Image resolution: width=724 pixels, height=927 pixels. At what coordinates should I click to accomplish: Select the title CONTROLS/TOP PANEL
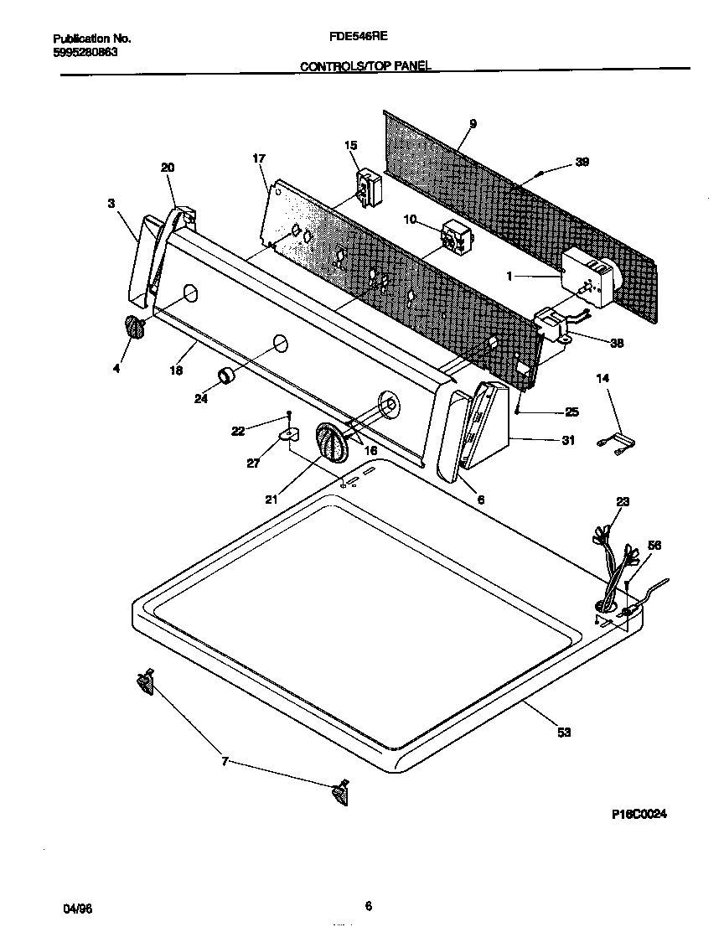(x=365, y=65)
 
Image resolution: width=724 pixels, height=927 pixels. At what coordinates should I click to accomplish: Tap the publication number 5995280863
(x=85, y=52)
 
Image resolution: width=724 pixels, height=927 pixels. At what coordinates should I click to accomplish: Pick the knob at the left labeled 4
(x=132, y=328)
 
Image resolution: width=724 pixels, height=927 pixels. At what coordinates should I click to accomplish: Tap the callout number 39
(x=582, y=163)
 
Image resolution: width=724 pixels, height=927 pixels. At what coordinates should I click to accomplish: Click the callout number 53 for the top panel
(x=563, y=732)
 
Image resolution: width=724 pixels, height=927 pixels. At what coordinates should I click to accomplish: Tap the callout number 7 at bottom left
(x=224, y=761)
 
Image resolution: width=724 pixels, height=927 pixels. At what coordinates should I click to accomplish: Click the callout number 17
(x=258, y=158)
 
